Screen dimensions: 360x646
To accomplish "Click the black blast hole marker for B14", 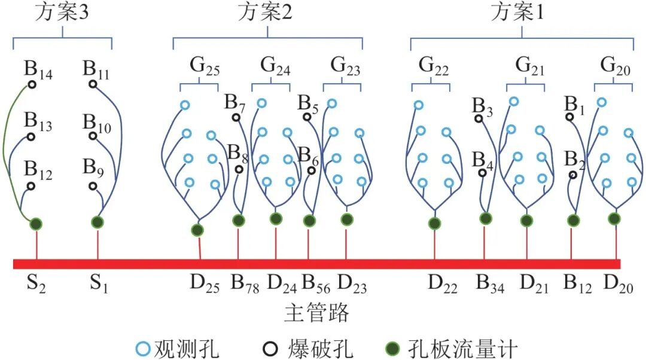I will pyautogui.click(x=32, y=84).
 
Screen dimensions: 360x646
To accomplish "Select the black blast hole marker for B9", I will pyautogui.click(x=93, y=186).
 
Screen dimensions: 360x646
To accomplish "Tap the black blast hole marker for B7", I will pyautogui.click(x=236, y=117).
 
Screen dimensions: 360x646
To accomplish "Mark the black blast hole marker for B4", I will pyautogui.click(x=482, y=173).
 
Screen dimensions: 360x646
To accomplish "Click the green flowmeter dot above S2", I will pyautogui.click(x=36, y=224).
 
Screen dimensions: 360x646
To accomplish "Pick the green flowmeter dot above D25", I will pyautogui.click(x=197, y=230).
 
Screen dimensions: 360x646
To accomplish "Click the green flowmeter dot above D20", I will pyautogui.click(x=614, y=219).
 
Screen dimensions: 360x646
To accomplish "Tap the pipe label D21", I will pyautogui.click(x=534, y=283).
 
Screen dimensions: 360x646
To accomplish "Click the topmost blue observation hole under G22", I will pyautogui.click(x=419, y=106).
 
